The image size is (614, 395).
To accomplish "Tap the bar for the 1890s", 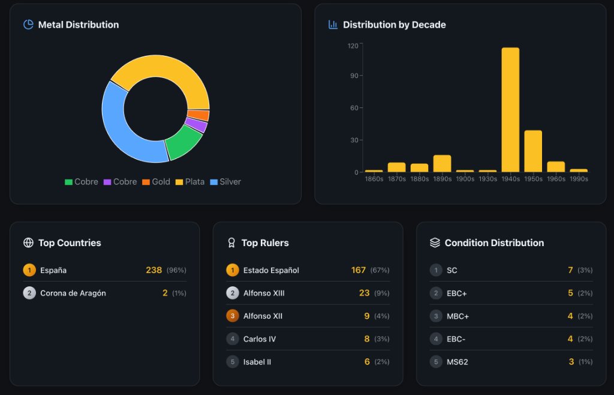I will click(442, 164).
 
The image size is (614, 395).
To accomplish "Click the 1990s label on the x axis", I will click(579, 179).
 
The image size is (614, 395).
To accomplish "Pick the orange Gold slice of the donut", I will click(198, 115).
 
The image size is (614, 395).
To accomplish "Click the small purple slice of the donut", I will click(195, 125).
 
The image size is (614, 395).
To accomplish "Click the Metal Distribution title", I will click(79, 25).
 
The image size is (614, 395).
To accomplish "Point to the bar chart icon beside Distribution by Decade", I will click(333, 25).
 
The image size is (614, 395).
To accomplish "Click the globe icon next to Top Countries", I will click(28, 243).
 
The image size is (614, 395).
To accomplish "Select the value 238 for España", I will click(153, 270).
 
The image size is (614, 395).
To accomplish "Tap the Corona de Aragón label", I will click(73, 293).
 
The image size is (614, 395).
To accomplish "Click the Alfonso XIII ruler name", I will click(264, 293).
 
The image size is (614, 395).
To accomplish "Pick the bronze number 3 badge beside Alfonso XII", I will click(232, 316).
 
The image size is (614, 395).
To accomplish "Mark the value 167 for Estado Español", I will click(358, 270).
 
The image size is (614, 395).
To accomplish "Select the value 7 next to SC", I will click(570, 270).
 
